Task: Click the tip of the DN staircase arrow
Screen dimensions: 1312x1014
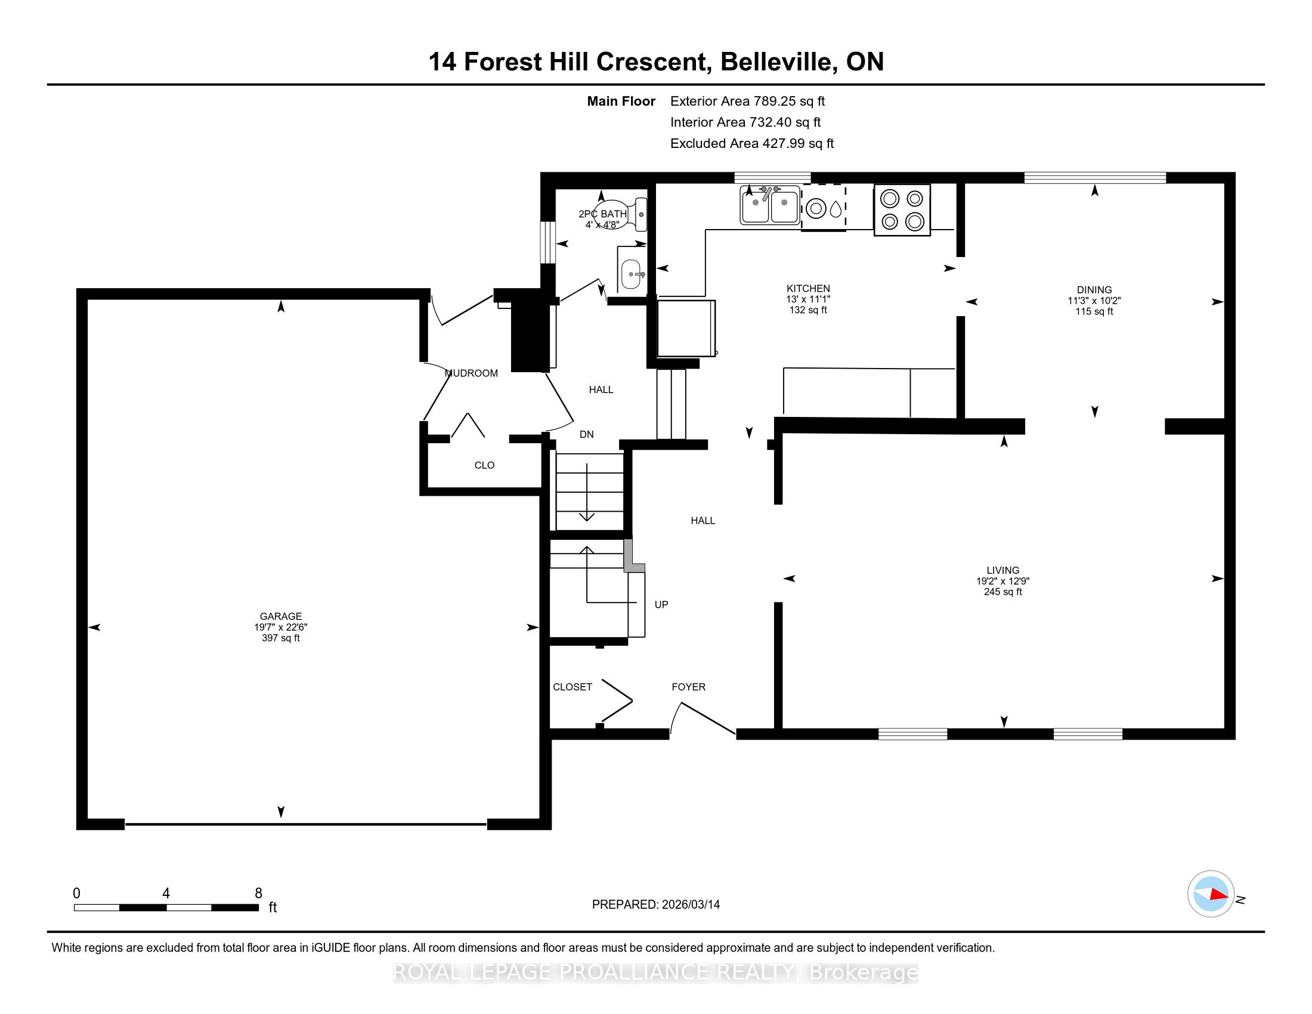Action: pos(586,521)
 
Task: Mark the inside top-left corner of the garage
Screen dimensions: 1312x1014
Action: pos(88,300)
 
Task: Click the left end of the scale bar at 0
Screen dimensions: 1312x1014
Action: pos(75,908)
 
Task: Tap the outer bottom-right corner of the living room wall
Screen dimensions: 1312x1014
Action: pos(1235,739)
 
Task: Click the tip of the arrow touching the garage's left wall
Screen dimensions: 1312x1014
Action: pos(89,627)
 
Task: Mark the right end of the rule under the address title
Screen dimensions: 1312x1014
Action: pos(1264,85)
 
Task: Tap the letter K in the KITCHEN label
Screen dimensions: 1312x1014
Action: pos(790,289)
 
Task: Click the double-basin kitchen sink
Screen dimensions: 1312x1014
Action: pos(769,204)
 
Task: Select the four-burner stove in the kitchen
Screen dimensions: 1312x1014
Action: pos(902,209)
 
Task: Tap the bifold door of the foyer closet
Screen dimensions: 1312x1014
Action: pos(617,700)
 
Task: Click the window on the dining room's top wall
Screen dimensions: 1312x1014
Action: pos(1094,178)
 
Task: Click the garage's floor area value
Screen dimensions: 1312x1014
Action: pos(280,638)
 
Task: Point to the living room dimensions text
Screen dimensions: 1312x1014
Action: pos(1002,581)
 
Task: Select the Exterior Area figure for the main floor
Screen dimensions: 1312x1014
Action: pos(747,101)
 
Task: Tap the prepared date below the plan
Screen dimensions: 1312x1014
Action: pos(656,905)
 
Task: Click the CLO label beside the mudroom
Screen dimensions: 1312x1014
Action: pos(484,466)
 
